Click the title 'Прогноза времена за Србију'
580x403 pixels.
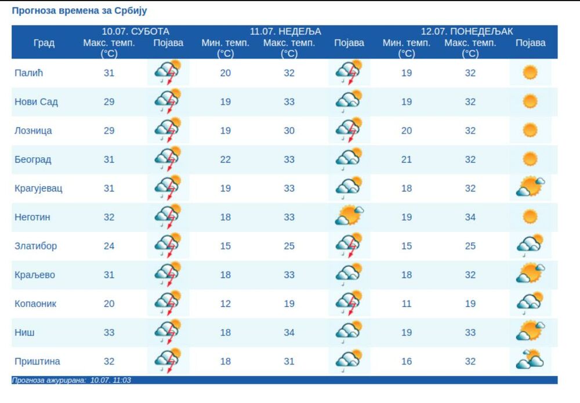coord(79,11)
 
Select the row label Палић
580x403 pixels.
coord(29,72)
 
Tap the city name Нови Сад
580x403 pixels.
coord(36,101)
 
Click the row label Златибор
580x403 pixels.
coord(35,246)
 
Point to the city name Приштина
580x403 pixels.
coord(37,361)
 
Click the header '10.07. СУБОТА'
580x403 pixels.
coord(135,31)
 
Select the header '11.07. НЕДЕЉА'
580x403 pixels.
coord(285,31)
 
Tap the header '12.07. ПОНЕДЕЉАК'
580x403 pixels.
coord(467,31)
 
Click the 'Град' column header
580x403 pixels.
coord(43,43)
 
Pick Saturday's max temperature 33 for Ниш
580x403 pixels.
coord(109,332)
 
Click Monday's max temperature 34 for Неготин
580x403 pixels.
coord(470,217)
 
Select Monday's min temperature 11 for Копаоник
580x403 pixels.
coord(407,303)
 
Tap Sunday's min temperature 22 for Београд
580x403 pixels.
coord(226,159)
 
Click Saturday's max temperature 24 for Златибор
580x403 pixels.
coord(109,246)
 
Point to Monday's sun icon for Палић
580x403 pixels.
coord(530,72)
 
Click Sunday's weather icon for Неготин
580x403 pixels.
coord(349,216)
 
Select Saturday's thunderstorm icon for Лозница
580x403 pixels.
coord(168,130)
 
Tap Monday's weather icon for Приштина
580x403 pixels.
coord(530,360)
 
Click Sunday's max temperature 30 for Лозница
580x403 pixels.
coord(289,130)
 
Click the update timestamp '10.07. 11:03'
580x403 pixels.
coord(110,380)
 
